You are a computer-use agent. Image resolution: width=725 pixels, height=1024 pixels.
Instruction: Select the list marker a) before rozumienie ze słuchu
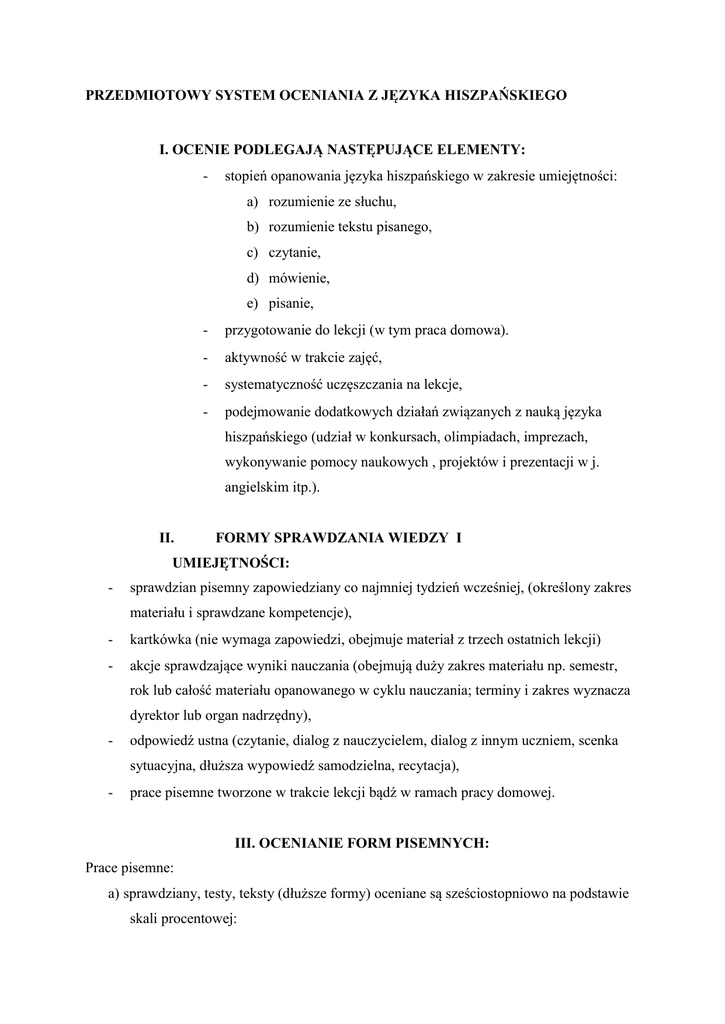(x=253, y=202)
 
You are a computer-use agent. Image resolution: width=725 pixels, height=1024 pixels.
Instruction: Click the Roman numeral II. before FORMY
(x=167, y=537)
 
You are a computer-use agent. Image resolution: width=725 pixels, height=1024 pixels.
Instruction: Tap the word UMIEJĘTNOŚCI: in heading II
(x=231, y=562)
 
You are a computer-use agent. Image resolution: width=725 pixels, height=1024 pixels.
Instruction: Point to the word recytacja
(x=429, y=766)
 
